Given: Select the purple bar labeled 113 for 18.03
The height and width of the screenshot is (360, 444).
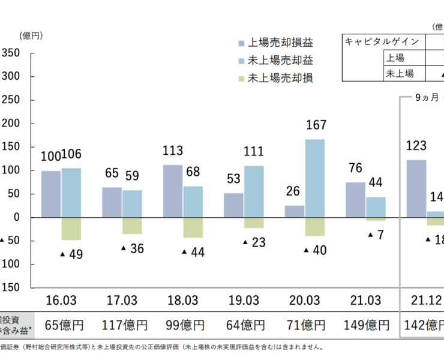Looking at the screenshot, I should (x=173, y=191).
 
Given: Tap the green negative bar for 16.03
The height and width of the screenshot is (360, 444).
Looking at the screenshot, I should (x=71, y=229).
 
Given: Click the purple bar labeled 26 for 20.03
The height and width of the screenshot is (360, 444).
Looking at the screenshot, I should (x=295, y=211).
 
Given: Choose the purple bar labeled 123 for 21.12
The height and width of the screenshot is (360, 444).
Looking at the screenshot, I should (x=416, y=188).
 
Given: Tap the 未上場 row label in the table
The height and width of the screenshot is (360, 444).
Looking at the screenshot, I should (x=400, y=73).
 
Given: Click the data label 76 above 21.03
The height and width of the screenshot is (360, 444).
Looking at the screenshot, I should (x=356, y=167).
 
